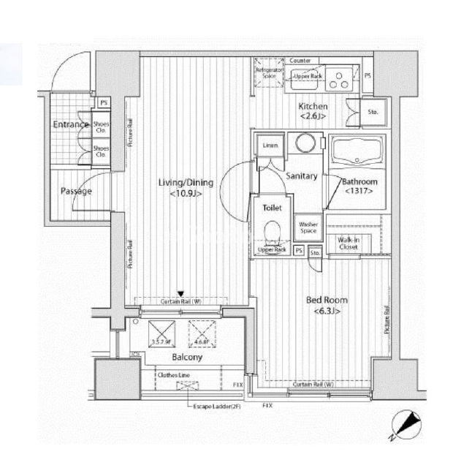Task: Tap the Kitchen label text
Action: point(313,106)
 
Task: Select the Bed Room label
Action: point(326,300)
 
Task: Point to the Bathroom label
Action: point(360,181)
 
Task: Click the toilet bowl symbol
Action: point(272,233)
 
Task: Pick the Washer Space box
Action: point(307,229)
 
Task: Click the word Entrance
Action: point(71,125)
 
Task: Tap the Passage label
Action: point(76,192)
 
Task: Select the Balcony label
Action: point(187,358)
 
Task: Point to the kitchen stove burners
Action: point(338,78)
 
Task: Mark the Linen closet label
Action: point(269,146)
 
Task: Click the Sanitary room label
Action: point(301,176)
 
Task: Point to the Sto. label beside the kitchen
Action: point(373,112)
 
